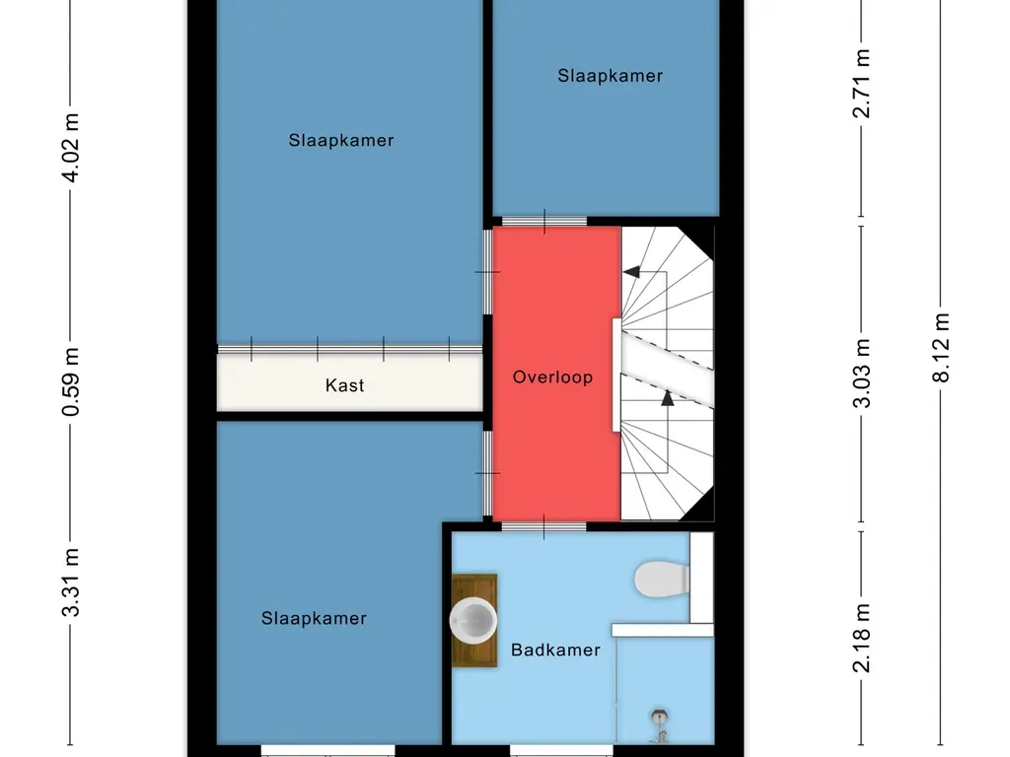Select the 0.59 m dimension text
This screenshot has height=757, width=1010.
71,380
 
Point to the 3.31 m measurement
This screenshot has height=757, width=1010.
71,583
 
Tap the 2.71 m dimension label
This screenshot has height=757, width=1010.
862,83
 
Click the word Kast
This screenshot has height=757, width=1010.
344,385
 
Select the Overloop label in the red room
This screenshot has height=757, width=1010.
552,377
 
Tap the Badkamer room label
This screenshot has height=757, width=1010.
555,650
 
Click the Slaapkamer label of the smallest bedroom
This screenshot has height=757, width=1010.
610,76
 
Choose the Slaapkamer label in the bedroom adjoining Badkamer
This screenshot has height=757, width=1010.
314,618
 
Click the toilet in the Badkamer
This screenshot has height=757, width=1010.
662,579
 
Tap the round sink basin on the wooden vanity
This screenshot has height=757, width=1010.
473,621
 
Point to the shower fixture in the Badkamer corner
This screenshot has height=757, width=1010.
658,725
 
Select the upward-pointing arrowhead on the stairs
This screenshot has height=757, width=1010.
668,397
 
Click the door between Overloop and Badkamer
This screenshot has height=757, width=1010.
542,526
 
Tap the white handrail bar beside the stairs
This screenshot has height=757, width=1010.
616,375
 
